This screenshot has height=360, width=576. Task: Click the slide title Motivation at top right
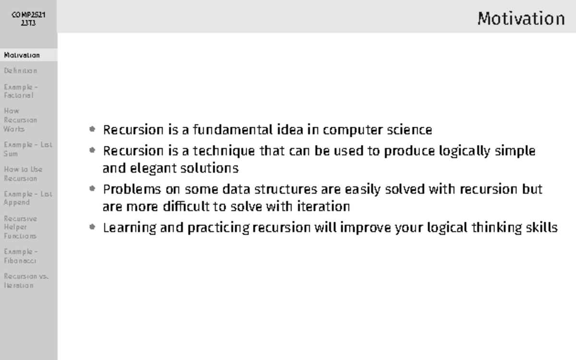click(521, 19)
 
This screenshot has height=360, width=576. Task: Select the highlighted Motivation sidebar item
click(22, 55)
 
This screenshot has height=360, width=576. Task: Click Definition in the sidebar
click(21, 71)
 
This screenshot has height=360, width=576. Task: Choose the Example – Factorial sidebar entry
click(21, 91)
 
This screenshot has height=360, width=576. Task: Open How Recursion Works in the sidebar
click(21, 120)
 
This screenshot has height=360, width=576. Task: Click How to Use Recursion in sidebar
click(23, 174)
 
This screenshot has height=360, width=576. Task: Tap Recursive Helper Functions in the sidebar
click(21, 227)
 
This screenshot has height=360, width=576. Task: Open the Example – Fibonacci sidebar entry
click(21, 256)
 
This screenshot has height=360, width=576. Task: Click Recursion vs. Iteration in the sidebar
click(26, 281)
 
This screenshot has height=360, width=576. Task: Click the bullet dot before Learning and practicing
click(93, 228)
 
